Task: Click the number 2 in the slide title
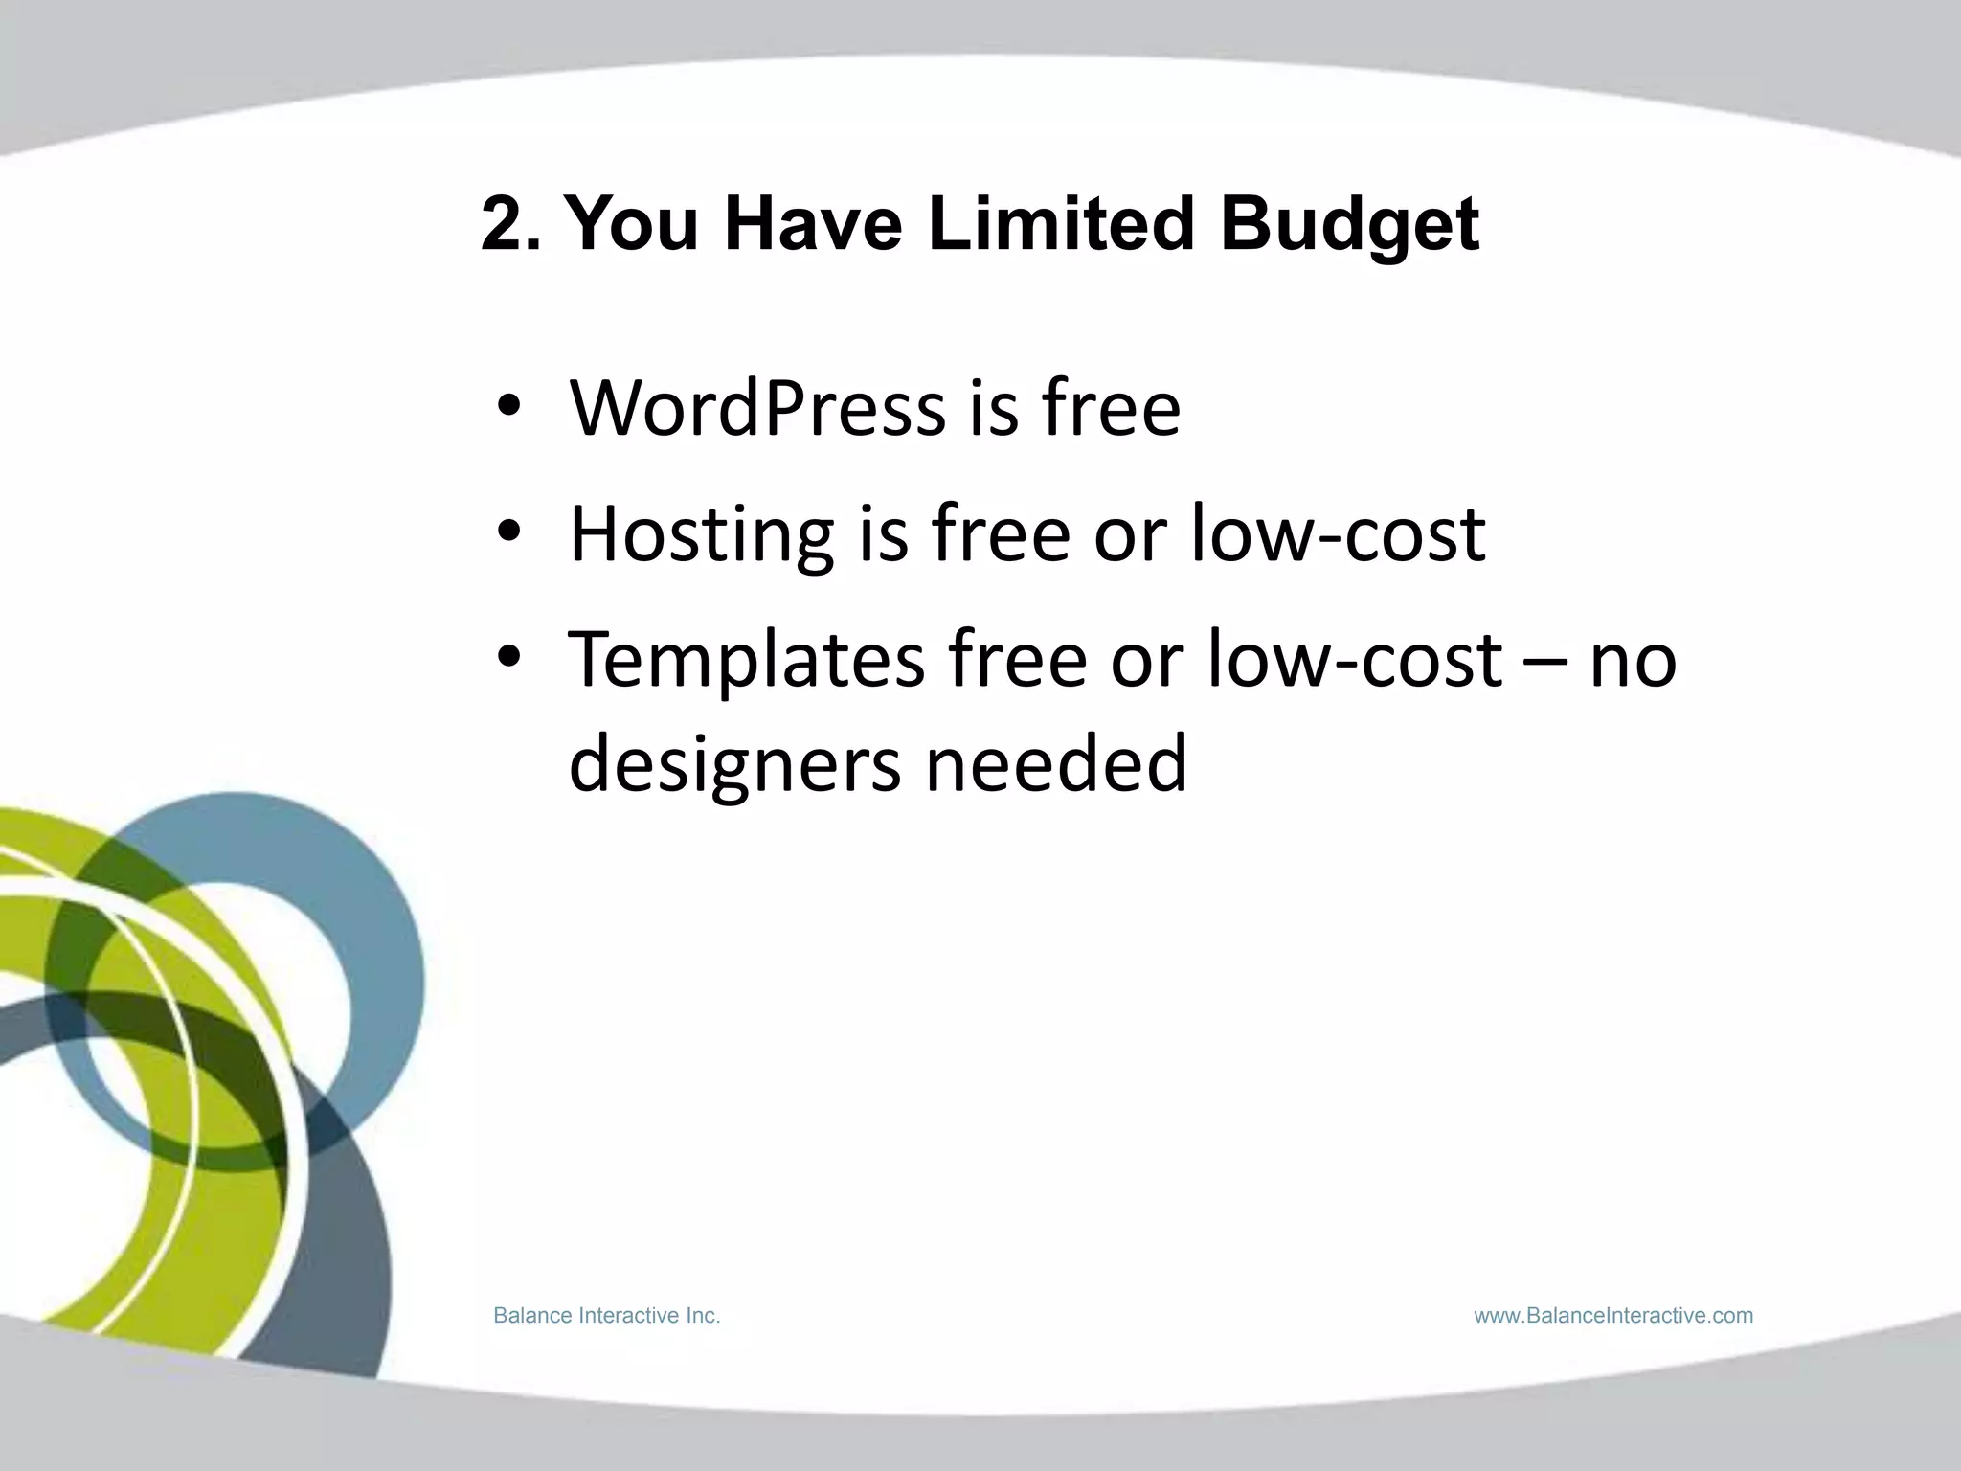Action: click(508, 224)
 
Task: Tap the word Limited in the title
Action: click(1062, 224)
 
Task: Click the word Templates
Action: click(746, 661)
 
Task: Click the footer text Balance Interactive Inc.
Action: click(606, 1316)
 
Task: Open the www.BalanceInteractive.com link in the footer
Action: click(1613, 1316)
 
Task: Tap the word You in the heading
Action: click(632, 224)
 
